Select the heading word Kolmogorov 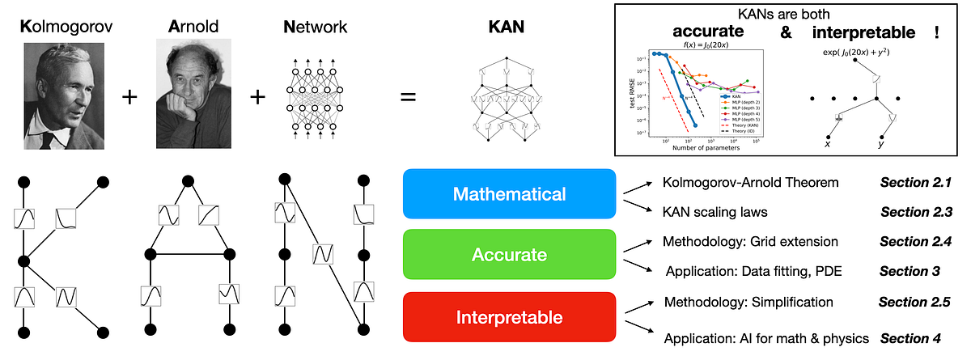[x=62, y=26]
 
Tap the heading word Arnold [x=192, y=26]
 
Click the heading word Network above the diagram [x=316, y=26]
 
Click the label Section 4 [x=912, y=338]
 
